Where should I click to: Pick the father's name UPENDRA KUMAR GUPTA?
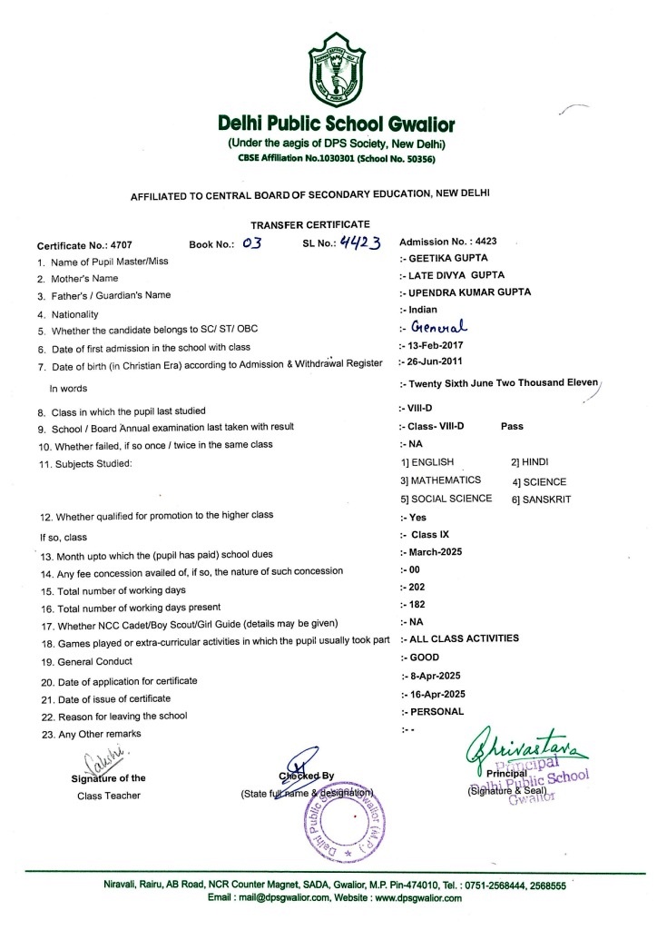(465, 292)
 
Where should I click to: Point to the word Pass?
(512, 425)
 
